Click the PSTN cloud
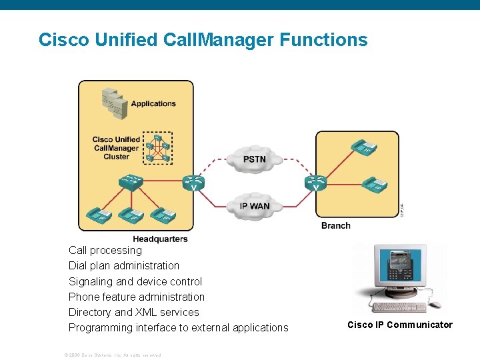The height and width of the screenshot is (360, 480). coord(254,159)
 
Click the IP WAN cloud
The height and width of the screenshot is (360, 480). coord(254,205)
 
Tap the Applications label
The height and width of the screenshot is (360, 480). coord(153,103)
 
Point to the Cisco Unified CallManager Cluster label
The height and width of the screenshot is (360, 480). coord(116,148)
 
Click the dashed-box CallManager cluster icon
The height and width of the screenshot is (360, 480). coord(158,148)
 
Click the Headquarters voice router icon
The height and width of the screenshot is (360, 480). coord(193,182)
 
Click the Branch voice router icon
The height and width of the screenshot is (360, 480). coord(315,182)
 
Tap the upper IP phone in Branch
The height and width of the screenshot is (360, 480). coord(364,147)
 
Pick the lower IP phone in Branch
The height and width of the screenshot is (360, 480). coord(375,184)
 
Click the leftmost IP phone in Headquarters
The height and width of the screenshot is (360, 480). coord(97,215)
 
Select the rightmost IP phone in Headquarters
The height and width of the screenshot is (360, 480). coord(162,215)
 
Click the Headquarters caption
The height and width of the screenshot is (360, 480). coord(160,239)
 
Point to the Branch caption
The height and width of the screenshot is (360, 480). coord(335,225)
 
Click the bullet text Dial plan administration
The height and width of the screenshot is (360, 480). coord(124,265)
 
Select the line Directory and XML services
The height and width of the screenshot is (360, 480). coord(133,312)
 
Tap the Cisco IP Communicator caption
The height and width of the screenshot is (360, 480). coord(399,325)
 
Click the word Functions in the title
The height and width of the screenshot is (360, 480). coord(323,40)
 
